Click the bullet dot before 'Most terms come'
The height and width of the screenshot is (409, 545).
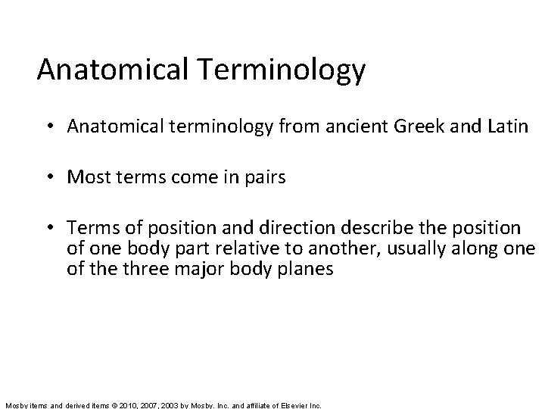(57, 178)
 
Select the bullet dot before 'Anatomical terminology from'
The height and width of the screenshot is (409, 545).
(57, 126)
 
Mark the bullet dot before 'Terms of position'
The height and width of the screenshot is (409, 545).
(57, 228)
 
